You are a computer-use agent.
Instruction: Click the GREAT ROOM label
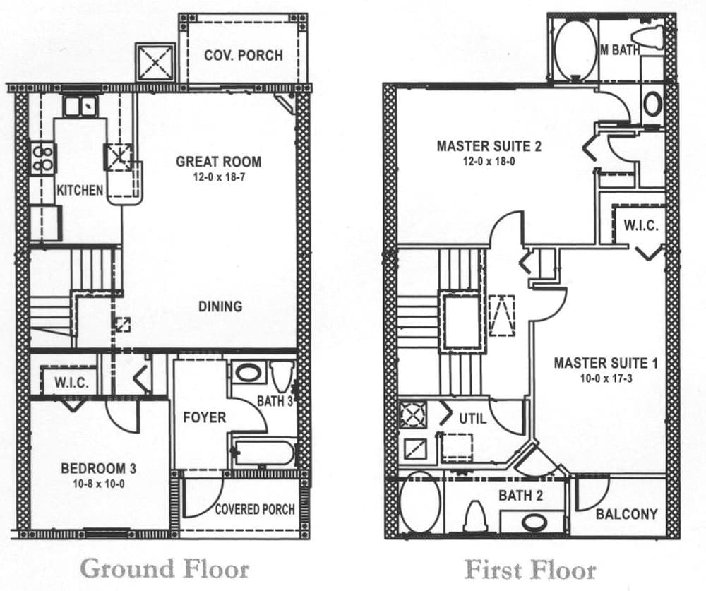[x=218, y=161]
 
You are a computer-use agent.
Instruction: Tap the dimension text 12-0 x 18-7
[x=218, y=177]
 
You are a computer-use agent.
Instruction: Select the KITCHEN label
[x=80, y=190]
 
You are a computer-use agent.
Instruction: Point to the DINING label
[x=220, y=306]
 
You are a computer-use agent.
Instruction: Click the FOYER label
[x=204, y=417]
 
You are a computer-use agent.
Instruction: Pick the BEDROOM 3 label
[x=98, y=468]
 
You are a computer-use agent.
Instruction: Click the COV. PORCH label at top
[x=243, y=55]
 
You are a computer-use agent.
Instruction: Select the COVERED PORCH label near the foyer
[x=255, y=509]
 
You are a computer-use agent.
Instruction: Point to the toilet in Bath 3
[x=282, y=375]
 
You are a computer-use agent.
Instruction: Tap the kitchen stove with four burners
[x=43, y=157]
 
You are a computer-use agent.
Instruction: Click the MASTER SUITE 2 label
[x=489, y=146]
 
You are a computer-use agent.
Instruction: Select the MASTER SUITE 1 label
[x=605, y=363]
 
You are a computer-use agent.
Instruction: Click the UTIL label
[x=472, y=418]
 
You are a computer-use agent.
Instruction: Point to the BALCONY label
[x=626, y=514]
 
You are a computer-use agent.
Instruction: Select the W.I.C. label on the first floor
[x=640, y=226]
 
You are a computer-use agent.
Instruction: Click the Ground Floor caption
[x=164, y=568]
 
